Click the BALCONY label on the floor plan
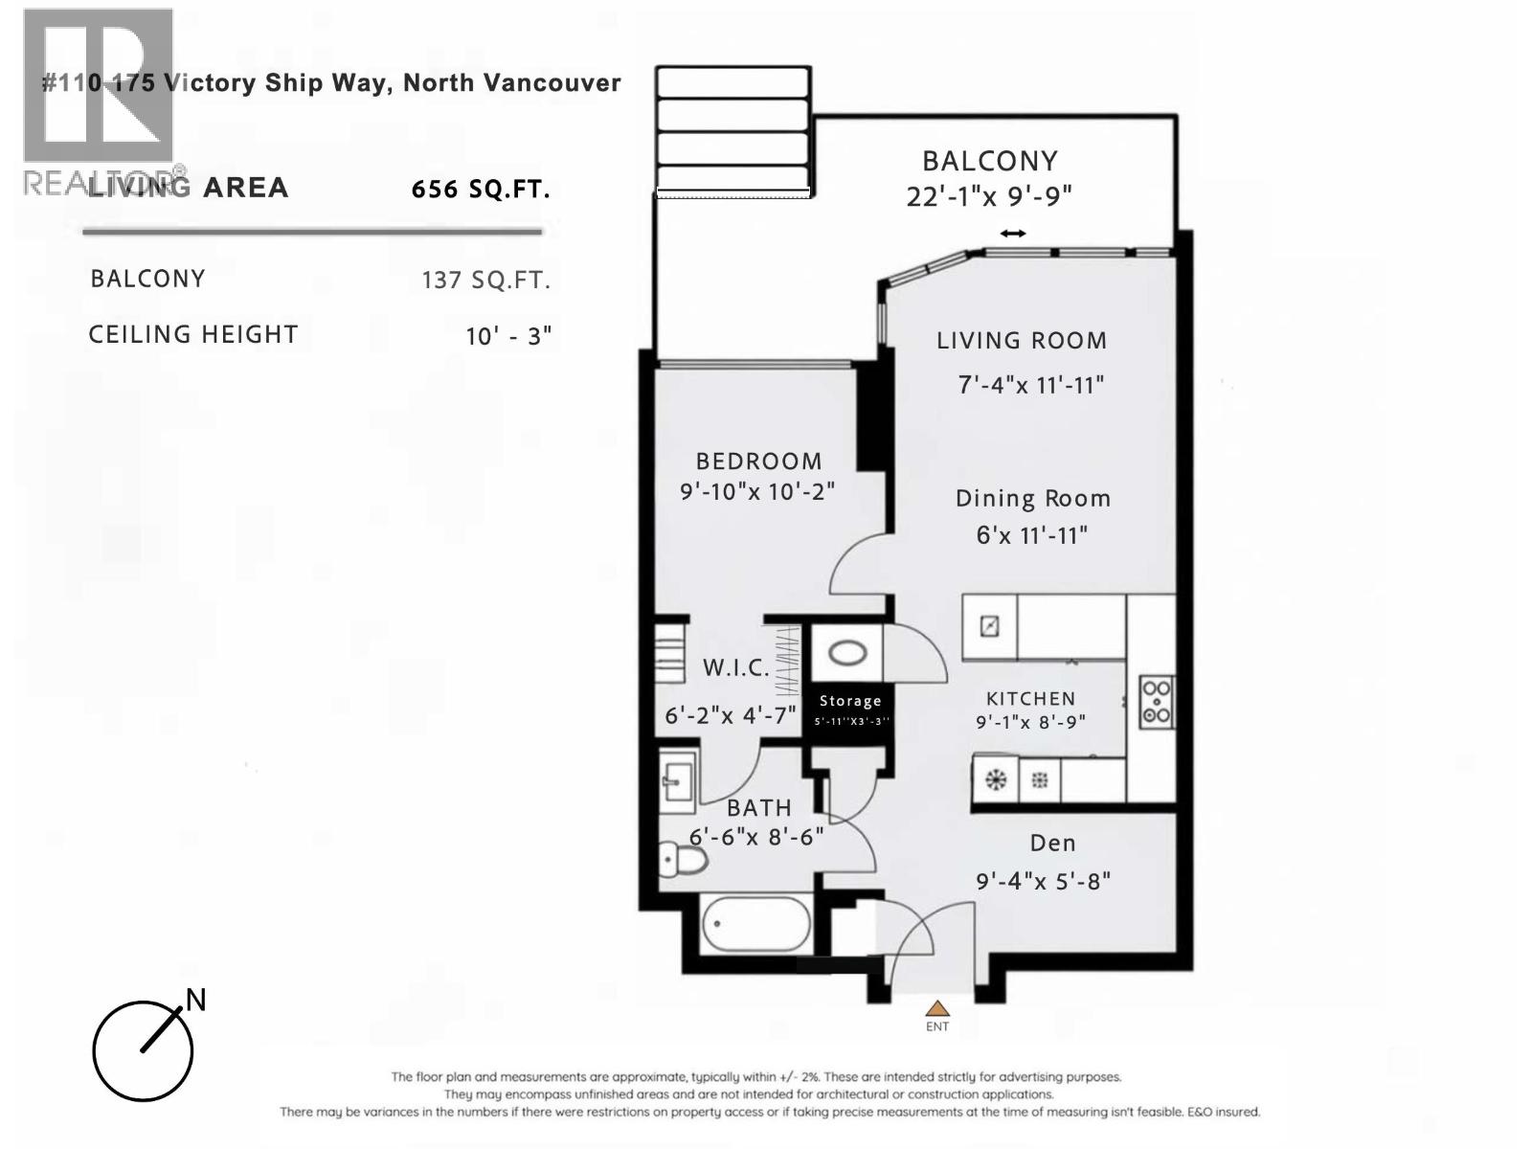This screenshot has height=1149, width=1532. pyautogui.click(x=989, y=161)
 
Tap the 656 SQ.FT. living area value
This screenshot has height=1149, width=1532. pyautogui.click(x=481, y=190)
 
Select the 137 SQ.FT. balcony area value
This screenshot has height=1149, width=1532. pyautogui.click(x=485, y=281)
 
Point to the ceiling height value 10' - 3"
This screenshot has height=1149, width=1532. pyautogui.click(x=508, y=336)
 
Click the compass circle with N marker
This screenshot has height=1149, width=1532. pyautogui.click(x=143, y=1050)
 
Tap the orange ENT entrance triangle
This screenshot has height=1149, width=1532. pyautogui.click(x=937, y=1008)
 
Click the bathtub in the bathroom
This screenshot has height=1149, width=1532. pyautogui.click(x=755, y=925)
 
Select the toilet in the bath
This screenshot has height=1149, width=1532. pyautogui.click(x=684, y=859)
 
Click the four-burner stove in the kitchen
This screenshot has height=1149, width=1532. pyautogui.click(x=1157, y=702)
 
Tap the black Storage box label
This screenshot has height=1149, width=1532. pyautogui.click(x=850, y=702)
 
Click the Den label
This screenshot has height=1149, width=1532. pyautogui.click(x=1052, y=844)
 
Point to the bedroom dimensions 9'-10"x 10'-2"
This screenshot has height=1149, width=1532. pyautogui.click(x=757, y=492)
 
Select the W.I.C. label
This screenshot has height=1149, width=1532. pyautogui.click(x=735, y=668)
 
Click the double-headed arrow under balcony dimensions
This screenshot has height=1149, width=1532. pyautogui.click(x=1013, y=234)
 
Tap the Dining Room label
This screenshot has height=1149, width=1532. pyautogui.click(x=1032, y=499)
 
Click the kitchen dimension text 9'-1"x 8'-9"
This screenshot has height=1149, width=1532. pyautogui.click(x=1030, y=723)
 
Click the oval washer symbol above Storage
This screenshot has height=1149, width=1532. pyautogui.click(x=847, y=654)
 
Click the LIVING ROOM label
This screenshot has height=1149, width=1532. pyautogui.click(x=1021, y=341)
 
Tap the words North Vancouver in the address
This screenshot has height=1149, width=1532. pyautogui.click(x=511, y=83)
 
